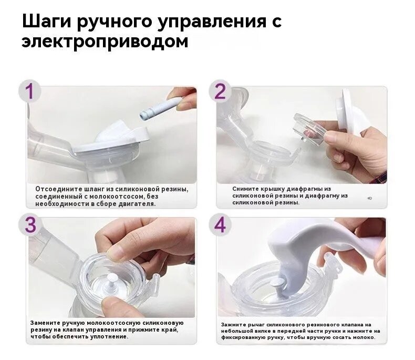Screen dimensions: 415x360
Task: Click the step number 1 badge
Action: (29, 91)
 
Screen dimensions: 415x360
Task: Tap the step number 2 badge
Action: (220, 91)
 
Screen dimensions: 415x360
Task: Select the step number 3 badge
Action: (29, 225)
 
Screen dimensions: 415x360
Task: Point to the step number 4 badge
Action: (220, 225)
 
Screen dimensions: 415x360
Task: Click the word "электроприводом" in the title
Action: (105, 42)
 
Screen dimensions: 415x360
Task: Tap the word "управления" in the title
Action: (212, 22)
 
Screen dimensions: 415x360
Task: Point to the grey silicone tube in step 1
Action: (161, 107)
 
